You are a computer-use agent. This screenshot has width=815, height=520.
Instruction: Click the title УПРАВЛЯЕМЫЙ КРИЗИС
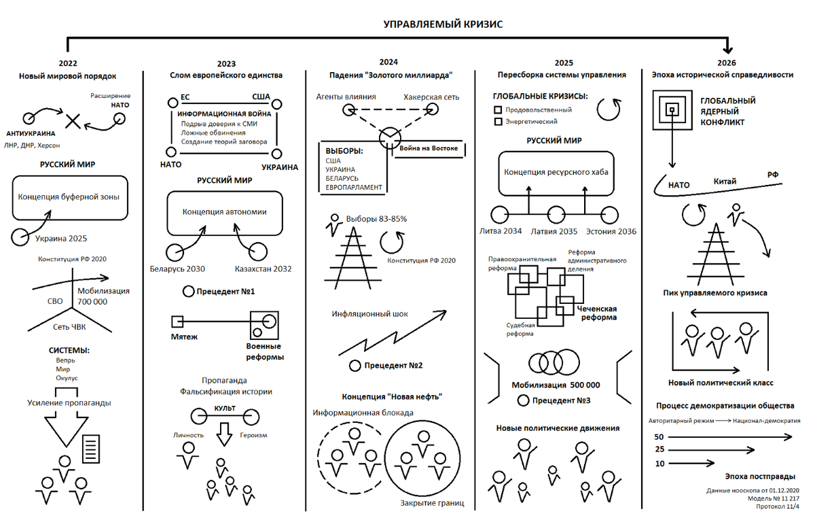point(443,24)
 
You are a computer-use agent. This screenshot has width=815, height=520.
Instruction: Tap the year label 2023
point(226,63)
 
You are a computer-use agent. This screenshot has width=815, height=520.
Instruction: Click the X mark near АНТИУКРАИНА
point(73,122)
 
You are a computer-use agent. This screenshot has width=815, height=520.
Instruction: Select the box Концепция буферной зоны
point(69,197)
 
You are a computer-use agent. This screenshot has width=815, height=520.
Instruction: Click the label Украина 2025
point(61,239)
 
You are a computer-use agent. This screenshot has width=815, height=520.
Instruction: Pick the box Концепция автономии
point(225,212)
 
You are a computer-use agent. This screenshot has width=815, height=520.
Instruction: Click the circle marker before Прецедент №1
point(189,292)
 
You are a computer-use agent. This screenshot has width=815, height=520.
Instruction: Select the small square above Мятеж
point(177,321)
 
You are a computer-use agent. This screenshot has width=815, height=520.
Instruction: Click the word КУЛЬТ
point(225,407)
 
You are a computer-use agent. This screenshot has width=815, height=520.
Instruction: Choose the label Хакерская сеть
point(431,97)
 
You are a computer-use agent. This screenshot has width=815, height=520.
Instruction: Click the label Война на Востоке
point(429,148)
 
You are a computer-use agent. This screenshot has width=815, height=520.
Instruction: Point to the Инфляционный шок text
point(369,314)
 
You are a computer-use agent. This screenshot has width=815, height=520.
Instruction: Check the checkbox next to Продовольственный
point(498,109)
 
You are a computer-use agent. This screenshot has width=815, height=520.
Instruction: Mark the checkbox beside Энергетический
point(498,122)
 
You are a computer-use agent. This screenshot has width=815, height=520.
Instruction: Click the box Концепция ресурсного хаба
point(556,172)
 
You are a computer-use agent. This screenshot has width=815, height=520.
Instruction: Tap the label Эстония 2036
point(611,232)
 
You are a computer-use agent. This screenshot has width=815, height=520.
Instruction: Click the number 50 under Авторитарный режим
point(659,436)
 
